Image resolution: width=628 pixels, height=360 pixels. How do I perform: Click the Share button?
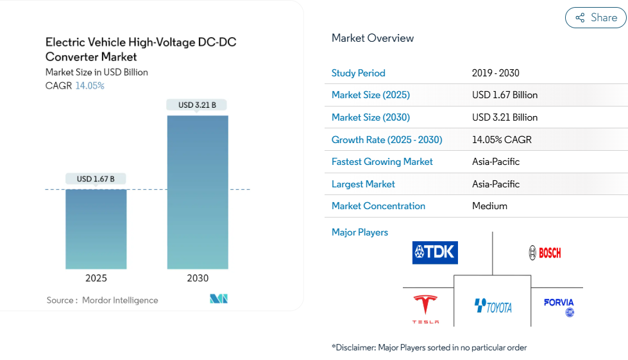[595, 18]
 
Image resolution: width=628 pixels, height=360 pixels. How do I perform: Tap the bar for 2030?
[198, 192]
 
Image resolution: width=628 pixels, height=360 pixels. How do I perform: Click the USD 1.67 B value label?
[96, 179]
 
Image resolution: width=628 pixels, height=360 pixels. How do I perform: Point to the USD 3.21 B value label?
[197, 105]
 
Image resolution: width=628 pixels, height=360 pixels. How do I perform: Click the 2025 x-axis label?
[96, 279]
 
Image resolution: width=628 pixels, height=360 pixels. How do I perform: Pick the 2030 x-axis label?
[198, 279]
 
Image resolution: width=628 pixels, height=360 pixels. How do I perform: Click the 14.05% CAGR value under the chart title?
[90, 86]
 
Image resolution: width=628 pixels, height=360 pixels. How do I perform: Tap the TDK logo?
[435, 252]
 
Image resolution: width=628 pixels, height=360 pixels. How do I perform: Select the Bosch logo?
[545, 253]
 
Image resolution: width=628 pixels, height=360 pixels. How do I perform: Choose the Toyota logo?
[493, 307]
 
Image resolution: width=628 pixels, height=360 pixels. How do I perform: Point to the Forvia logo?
[559, 307]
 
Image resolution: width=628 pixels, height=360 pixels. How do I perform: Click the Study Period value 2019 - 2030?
[496, 73]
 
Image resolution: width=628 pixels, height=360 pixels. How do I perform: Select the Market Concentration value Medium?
[489, 206]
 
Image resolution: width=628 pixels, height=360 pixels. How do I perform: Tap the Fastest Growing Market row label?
[382, 162]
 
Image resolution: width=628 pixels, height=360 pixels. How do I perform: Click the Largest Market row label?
[363, 184]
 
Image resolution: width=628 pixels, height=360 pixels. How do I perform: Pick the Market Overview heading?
[373, 39]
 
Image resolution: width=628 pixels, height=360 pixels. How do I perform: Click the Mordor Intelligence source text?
[119, 300]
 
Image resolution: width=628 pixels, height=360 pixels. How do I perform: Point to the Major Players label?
[360, 232]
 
